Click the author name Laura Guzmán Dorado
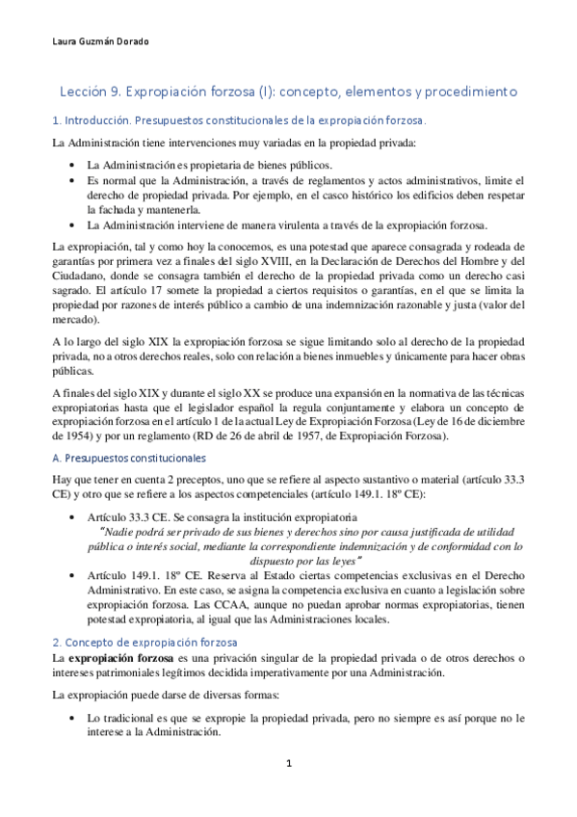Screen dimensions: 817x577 click(x=93, y=41)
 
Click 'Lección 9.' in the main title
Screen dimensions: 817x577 click(x=91, y=91)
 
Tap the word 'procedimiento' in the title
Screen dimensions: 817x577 click(x=471, y=91)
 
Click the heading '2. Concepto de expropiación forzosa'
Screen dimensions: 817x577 click(x=141, y=642)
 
